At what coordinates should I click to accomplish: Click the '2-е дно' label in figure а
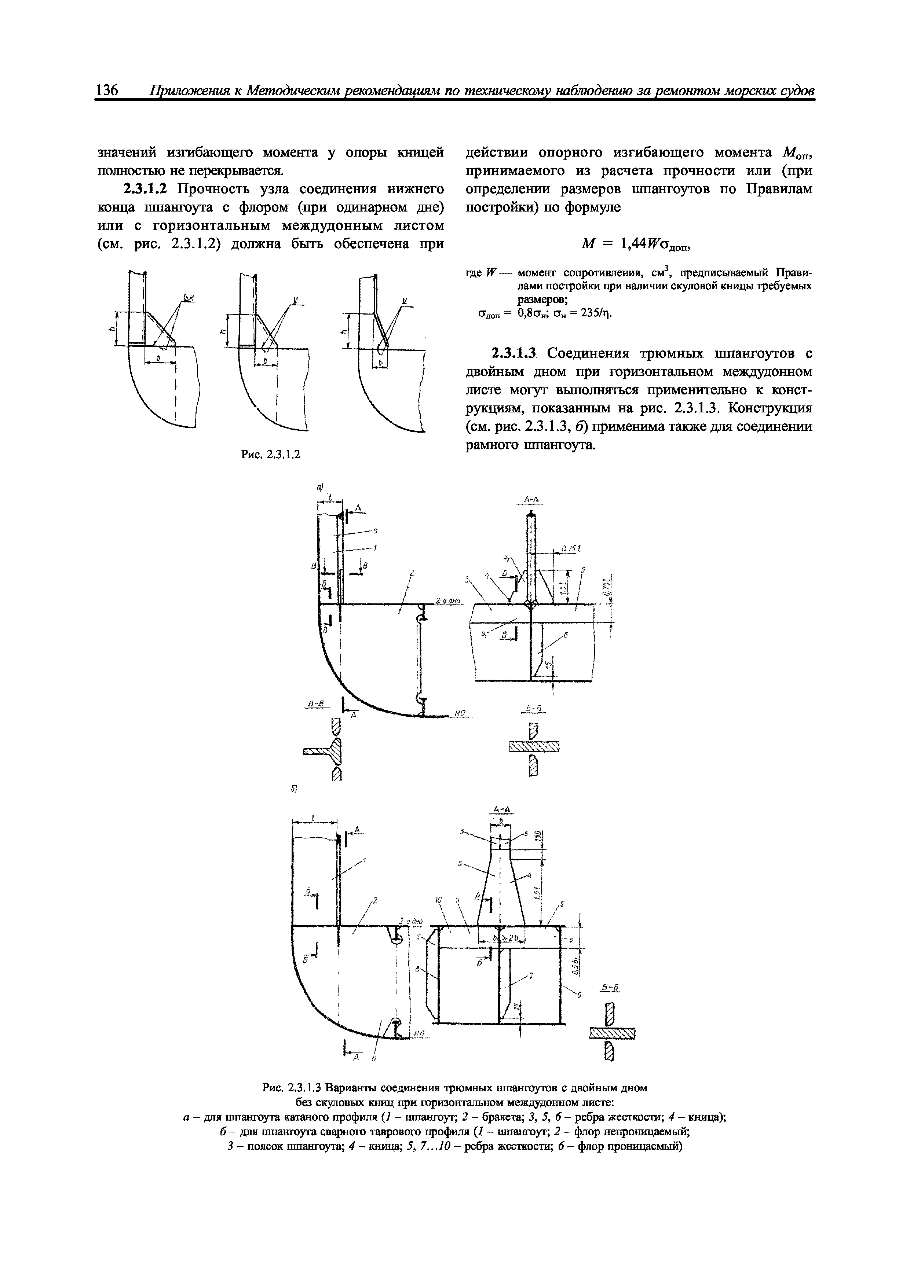[x=447, y=601]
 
